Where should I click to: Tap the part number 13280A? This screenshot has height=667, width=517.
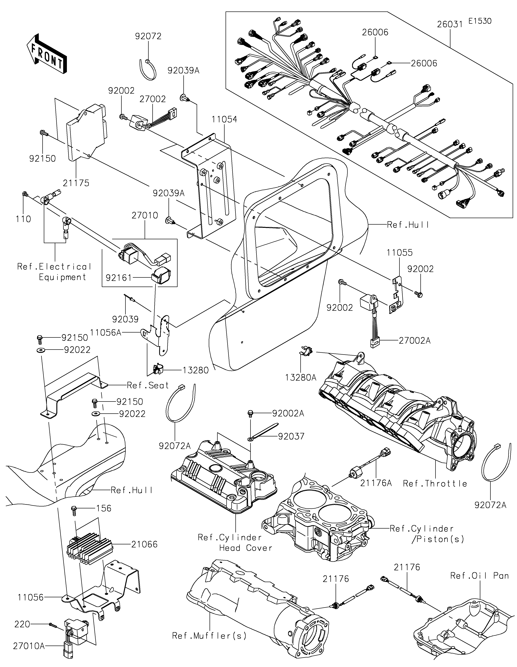tap(301, 378)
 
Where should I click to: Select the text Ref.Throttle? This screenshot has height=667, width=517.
tap(435, 483)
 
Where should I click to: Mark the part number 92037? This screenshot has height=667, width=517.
tap(291, 436)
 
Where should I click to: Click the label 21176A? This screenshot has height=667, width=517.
tap(376, 483)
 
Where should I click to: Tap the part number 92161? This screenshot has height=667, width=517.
tap(119, 278)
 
